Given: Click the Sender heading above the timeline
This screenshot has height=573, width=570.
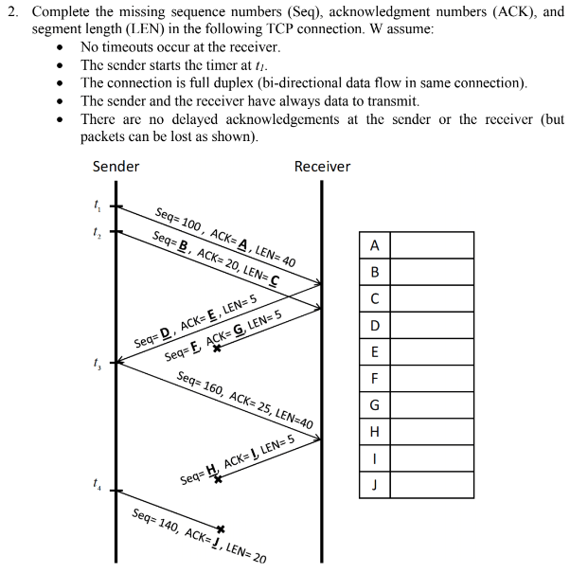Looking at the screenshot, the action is coord(116,167).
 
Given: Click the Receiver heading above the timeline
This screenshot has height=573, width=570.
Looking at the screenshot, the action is coord(322,167).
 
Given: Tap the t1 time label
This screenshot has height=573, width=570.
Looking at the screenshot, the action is coord(95,204).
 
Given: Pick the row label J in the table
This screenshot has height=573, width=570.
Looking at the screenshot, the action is coord(375,486).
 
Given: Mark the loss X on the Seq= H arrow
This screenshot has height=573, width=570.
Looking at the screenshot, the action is coord(218,480).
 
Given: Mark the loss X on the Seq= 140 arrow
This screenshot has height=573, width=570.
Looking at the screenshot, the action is coord(221,528).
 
